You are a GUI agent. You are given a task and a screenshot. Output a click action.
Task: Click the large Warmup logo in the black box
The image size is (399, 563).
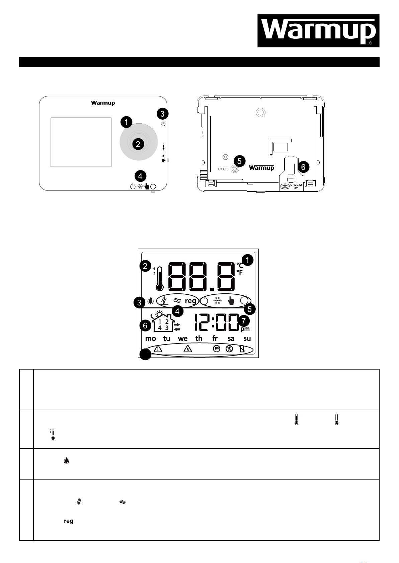(318, 31)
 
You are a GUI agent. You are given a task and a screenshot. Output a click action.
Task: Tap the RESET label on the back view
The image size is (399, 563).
(224, 169)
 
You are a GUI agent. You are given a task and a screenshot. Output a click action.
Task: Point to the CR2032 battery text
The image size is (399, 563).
(296, 185)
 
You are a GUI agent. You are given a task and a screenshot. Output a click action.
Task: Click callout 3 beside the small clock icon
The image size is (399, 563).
(162, 114)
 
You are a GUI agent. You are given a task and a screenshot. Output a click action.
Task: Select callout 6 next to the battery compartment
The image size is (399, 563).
(303, 167)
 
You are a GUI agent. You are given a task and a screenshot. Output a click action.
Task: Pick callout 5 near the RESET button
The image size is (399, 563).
(239, 161)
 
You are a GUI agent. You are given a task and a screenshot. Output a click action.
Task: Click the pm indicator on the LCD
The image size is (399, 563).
(245, 329)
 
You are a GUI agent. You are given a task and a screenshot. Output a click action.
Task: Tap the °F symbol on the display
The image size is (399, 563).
(239, 273)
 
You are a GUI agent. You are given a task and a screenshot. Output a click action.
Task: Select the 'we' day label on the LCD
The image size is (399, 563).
(183, 338)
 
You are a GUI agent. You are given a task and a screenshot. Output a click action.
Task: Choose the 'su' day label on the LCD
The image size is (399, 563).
(247, 338)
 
